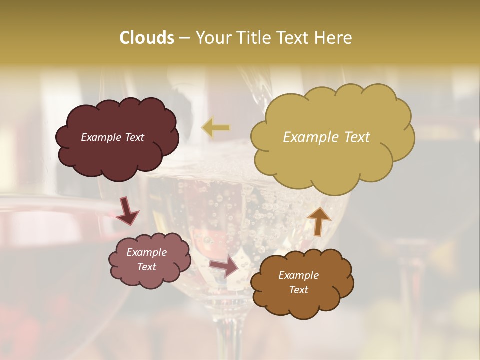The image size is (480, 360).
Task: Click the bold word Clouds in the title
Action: pos(146,38)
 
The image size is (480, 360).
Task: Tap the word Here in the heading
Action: pos(333,38)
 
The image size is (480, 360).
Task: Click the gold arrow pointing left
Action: pos(216,127)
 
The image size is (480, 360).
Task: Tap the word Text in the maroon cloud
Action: pos(133,137)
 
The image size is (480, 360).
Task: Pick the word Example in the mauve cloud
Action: pos(146,252)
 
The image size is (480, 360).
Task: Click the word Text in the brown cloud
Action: pos(298,290)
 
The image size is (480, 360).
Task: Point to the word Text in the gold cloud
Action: pos(356,137)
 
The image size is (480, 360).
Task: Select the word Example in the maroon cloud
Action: pos(101,137)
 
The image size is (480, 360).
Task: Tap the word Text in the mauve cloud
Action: pos(146,267)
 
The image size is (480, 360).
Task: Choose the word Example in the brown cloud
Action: pos(298,275)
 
